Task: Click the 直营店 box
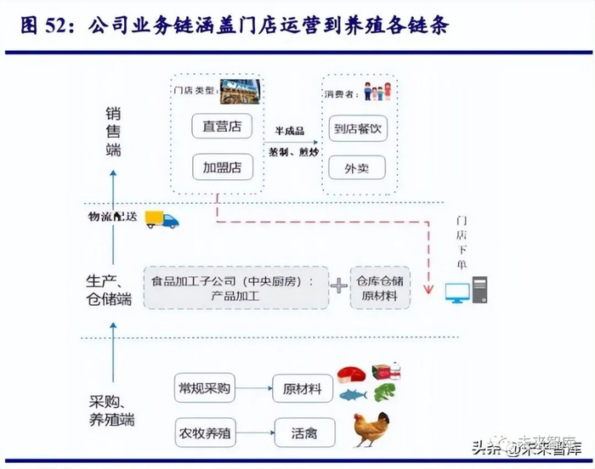(222, 127)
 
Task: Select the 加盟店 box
(222, 167)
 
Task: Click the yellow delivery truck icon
(162, 219)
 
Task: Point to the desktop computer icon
(467, 291)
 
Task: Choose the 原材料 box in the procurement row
(302, 388)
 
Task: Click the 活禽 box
(302, 432)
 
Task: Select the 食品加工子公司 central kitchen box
(237, 286)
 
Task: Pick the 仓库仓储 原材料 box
(379, 286)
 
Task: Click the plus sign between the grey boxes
(339, 286)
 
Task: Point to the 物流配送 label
(113, 218)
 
